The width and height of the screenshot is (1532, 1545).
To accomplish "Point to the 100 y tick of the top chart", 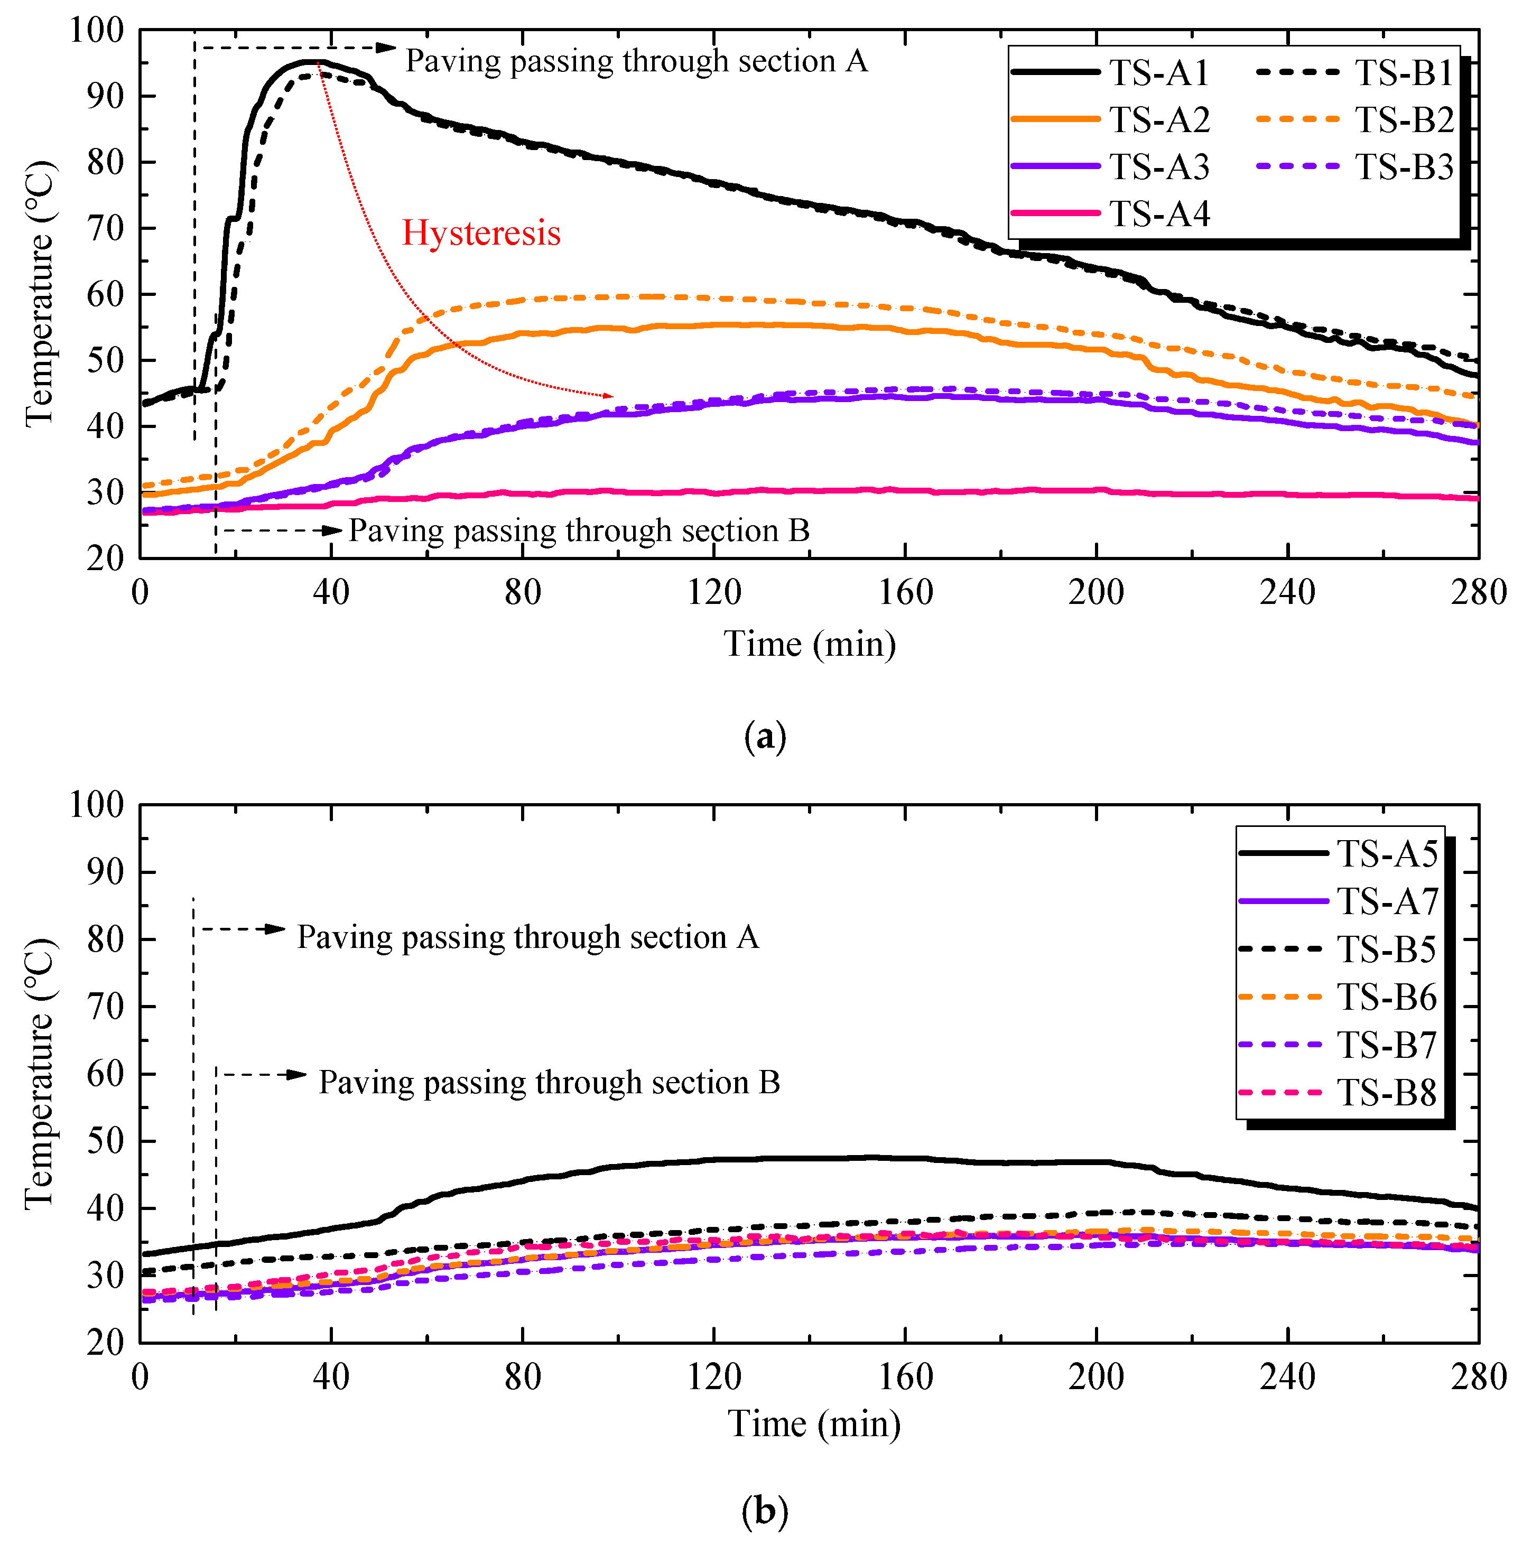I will point(97,31).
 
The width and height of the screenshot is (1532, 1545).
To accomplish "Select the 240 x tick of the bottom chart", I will point(1287,1377).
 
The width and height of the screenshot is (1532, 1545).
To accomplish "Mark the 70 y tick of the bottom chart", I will point(105,1006).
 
